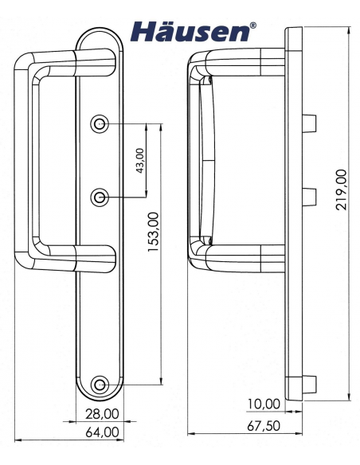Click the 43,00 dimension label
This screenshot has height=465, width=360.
141,160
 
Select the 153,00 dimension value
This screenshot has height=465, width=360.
155,231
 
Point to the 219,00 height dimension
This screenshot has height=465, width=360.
342,190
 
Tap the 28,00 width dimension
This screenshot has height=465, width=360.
102,413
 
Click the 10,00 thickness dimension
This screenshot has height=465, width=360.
265,404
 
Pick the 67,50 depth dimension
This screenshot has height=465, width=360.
264,426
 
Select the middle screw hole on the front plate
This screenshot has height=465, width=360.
100,196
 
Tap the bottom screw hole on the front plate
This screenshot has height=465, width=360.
100,385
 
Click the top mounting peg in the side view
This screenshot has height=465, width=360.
311,123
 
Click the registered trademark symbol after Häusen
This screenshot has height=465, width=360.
253,25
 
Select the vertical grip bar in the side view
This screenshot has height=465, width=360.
196,159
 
